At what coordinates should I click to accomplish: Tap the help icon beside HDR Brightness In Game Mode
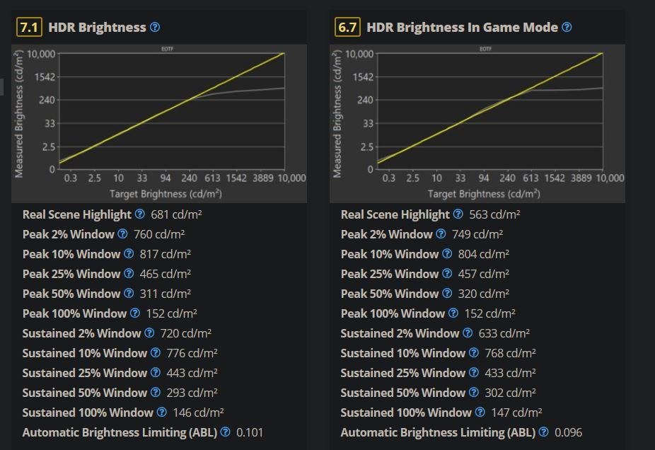point(567,28)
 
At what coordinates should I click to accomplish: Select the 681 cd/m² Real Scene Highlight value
point(171,214)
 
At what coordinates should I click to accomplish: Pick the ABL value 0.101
point(249,432)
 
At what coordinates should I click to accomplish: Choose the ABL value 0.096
point(568,432)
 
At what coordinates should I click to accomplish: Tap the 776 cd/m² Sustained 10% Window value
point(192,353)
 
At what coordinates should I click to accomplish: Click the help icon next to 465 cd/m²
point(129,274)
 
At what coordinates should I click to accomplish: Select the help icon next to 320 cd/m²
point(447,294)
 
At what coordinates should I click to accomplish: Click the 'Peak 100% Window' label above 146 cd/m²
point(74,313)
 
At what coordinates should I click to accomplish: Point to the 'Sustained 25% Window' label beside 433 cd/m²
point(402,373)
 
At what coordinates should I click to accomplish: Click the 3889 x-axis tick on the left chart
point(265,178)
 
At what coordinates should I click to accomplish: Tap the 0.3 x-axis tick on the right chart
point(389,178)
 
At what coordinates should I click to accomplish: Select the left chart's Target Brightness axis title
point(166,193)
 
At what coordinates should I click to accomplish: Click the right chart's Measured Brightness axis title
point(337,113)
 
